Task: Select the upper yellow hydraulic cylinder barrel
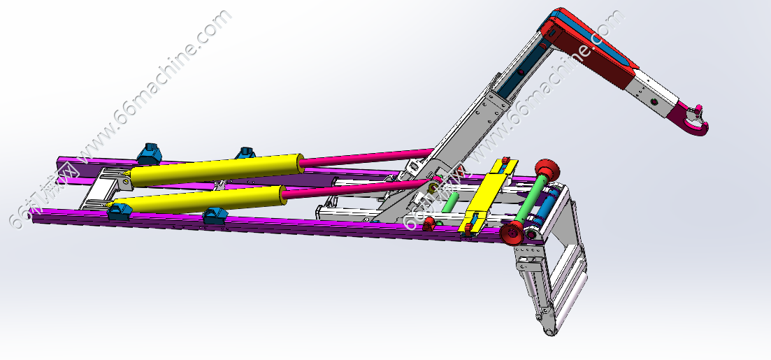click(x=217, y=170)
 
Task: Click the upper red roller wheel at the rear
click(x=545, y=170)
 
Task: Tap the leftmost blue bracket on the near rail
click(x=119, y=212)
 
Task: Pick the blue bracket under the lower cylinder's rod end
click(x=215, y=216)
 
